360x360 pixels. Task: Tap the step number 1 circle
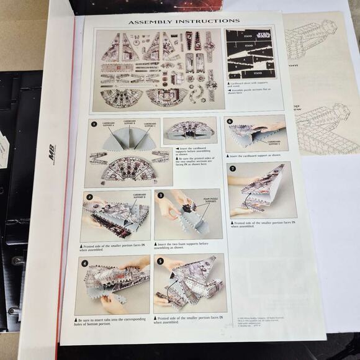(x=94, y=124)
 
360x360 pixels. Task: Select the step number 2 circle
(x=89, y=197)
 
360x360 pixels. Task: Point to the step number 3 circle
(x=161, y=195)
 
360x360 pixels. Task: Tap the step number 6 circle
(x=230, y=122)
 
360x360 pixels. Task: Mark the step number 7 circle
(x=232, y=168)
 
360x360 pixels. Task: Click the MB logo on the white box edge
(x=53, y=153)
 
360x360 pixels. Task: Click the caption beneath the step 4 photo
(x=112, y=322)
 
